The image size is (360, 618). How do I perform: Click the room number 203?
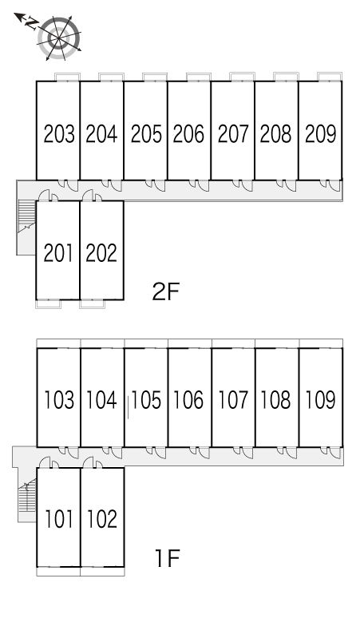59,133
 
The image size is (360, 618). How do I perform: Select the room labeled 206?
188,133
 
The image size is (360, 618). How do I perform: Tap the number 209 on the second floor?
320,133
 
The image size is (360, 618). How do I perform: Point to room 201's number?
58,253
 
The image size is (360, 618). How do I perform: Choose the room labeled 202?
101,253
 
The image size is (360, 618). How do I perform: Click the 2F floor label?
166,291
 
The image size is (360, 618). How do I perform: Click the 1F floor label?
168,557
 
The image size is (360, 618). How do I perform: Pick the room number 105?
146,400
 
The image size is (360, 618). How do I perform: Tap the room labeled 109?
320,400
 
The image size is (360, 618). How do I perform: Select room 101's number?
59,519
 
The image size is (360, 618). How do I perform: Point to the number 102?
102,519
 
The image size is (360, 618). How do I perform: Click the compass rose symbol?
59,38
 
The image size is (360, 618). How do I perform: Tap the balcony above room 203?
67,77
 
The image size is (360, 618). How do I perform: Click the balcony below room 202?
93,304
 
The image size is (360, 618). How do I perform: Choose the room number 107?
233,400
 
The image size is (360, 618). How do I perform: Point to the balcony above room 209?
330,77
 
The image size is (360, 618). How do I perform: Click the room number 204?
101,133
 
